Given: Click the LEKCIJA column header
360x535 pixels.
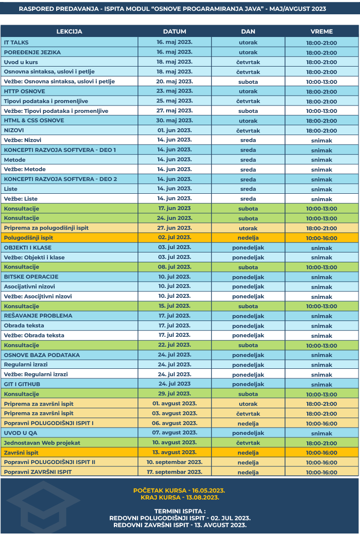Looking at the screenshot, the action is (69, 32).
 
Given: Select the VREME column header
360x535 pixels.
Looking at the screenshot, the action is (322, 32).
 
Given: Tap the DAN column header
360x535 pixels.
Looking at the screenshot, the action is (248, 32).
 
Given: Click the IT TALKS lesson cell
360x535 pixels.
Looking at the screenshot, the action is (16, 42).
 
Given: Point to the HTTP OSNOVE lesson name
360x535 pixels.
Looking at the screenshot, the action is (25, 91).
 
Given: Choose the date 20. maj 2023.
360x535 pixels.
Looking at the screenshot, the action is (175, 81).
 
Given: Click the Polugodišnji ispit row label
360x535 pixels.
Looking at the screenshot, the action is (29, 238).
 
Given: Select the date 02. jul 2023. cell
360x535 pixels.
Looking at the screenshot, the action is (175, 238).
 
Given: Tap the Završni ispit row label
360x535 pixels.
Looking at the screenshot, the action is (21, 453).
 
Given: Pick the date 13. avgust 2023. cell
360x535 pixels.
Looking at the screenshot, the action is (175, 453).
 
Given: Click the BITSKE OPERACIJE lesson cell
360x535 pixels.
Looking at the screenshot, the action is (31, 277).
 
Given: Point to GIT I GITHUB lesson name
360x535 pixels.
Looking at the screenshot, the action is (22, 384).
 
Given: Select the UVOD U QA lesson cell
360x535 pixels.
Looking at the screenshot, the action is (21, 433).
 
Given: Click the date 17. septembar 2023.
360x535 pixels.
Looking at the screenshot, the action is (175, 472).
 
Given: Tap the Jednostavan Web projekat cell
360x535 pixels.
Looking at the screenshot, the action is (42, 443).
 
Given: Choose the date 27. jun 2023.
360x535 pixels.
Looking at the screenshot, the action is (175, 228).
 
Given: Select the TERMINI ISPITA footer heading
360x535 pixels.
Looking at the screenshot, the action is (180, 511).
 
